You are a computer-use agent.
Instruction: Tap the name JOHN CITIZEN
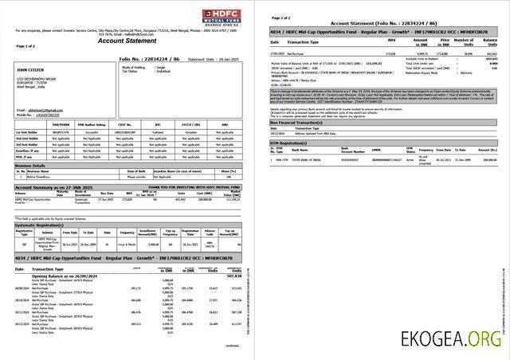[28, 71]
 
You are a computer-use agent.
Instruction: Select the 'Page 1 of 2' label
[25, 46]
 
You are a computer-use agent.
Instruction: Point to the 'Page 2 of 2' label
[281, 17]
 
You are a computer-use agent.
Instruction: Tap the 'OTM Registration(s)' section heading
[292, 142]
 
